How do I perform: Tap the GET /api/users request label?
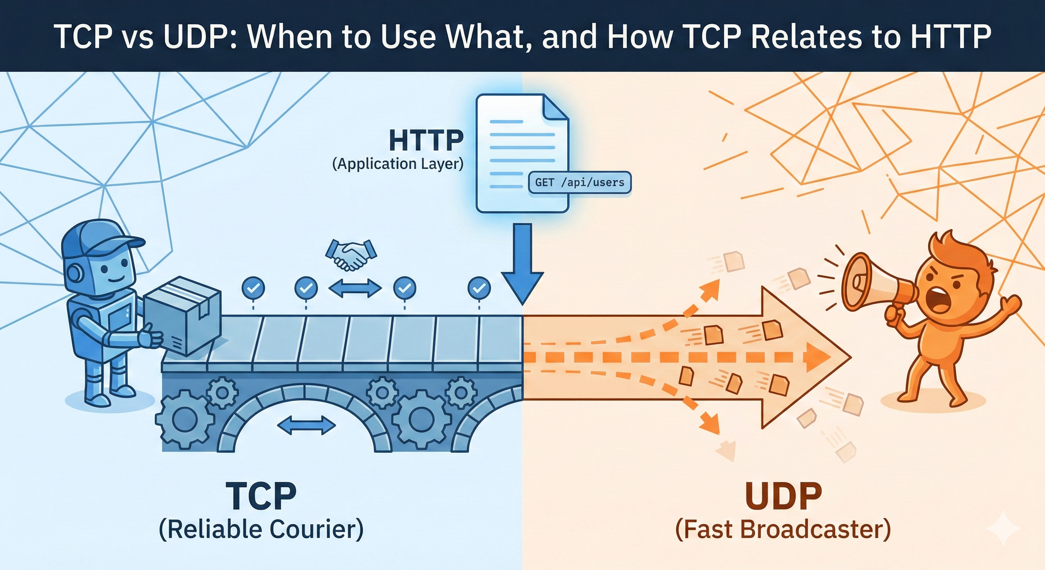click(x=580, y=183)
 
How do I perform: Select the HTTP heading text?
click(x=426, y=140)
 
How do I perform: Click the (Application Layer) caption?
click(x=397, y=164)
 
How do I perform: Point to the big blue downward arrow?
click(x=522, y=268)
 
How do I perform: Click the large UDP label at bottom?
click(x=783, y=496)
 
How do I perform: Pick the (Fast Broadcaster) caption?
click(x=783, y=530)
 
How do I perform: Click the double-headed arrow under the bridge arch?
click(x=306, y=425)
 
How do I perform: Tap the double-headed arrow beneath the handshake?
click(x=355, y=288)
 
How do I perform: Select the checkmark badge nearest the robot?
click(x=253, y=288)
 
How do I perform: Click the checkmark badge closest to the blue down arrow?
click(x=479, y=288)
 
